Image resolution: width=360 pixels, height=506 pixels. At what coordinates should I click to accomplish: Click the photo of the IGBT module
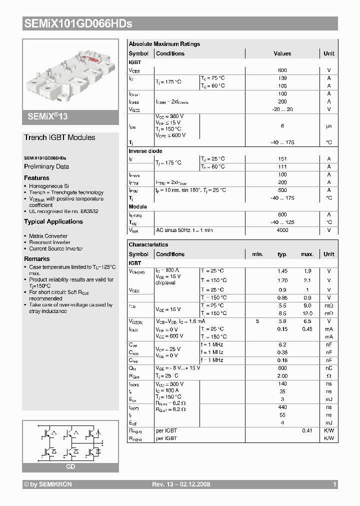click(x=70, y=73)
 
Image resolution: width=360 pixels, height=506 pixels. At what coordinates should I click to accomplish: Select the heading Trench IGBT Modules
click(x=59, y=137)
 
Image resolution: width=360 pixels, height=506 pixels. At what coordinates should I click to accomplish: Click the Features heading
click(x=36, y=178)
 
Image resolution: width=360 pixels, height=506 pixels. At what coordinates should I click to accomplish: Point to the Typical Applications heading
click(x=53, y=221)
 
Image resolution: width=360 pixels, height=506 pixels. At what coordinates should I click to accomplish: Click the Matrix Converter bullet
click(x=48, y=236)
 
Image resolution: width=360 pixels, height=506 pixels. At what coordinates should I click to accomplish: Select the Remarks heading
click(x=36, y=259)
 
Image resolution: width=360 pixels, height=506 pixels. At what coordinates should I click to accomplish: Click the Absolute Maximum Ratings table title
click(x=164, y=44)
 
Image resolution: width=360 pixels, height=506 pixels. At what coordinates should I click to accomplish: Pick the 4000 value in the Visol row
click(x=282, y=230)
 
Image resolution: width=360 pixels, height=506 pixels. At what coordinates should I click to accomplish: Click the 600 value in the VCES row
click(x=282, y=70)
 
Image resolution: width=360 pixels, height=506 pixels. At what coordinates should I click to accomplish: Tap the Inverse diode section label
click(x=145, y=151)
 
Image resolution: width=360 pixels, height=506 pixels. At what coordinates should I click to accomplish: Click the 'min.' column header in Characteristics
click(x=257, y=254)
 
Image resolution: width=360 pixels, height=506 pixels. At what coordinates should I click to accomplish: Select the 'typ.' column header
click(x=282, y=254)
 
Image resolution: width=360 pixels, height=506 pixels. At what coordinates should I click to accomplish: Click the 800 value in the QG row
click(x=282, y=368)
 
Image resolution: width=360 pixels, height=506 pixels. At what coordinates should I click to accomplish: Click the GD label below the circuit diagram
click(x=70, y=466)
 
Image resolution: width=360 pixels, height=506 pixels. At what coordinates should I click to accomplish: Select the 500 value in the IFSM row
click(x=282, y=190)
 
